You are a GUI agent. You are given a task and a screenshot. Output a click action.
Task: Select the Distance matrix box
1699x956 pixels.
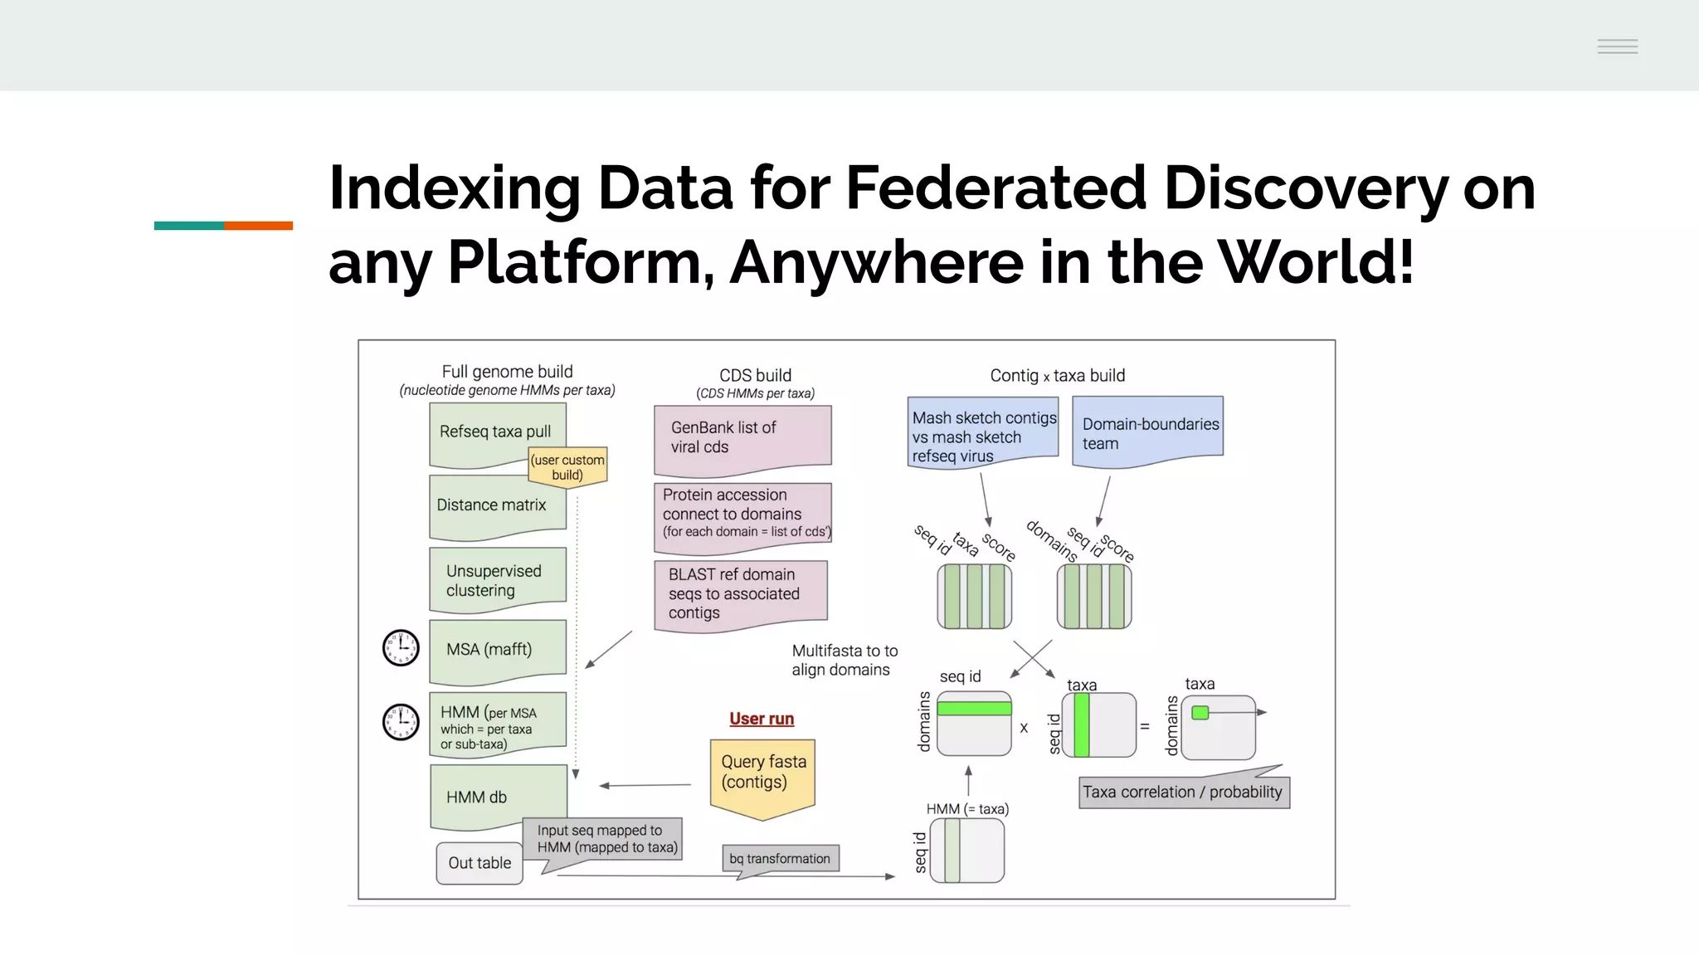[491, 505]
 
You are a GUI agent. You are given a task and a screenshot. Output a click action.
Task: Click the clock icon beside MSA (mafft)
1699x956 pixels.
[401, 648]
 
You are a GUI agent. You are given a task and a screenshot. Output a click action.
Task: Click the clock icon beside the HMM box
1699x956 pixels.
[401, 722]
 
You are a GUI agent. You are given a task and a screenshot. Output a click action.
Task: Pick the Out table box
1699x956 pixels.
[480, 863]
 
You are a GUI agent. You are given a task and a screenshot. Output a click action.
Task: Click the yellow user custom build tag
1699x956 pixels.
[568, 467]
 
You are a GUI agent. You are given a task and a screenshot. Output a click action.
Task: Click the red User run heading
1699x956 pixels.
[762, 719]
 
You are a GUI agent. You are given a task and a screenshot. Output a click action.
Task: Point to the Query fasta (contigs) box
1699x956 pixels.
[762, 773]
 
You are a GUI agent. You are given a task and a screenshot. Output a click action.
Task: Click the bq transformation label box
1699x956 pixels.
[780, 859]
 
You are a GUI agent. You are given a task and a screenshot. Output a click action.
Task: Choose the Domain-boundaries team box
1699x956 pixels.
[1148, 432]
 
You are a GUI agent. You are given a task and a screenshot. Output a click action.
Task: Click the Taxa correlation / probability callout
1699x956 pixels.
[1183, 793]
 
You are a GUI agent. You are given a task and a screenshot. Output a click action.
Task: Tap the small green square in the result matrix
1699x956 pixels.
[1200, 713]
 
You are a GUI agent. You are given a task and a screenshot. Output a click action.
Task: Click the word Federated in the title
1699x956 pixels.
[996, 188]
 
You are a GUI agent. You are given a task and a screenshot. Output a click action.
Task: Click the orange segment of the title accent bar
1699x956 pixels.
[258, 226]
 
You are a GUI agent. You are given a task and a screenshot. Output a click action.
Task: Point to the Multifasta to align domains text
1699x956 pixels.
[844, 661]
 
